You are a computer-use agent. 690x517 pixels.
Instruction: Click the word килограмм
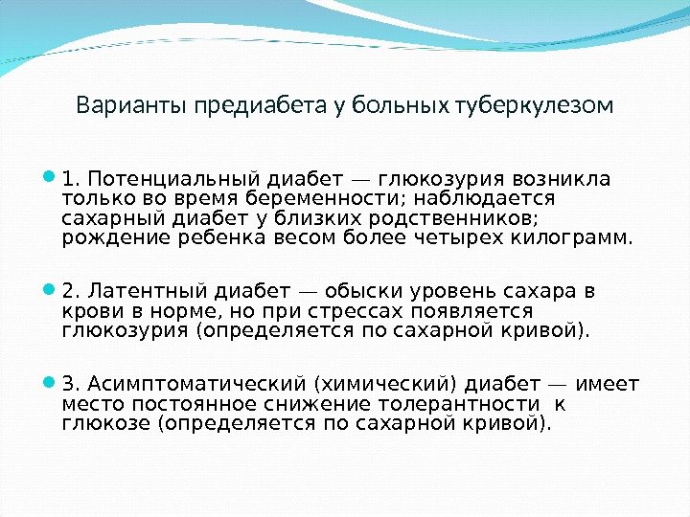[579, 237]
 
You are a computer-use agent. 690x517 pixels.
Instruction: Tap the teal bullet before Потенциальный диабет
[50, 177]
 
